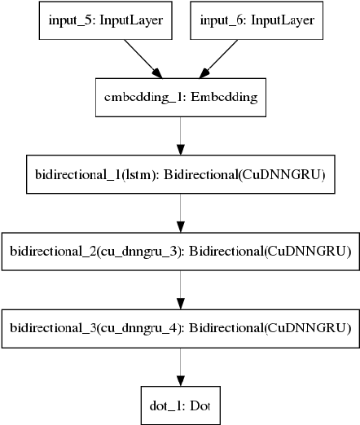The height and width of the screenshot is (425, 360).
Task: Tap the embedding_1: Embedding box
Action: click(x=179, y=97)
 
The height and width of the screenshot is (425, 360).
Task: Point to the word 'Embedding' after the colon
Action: click(x=226, y=97)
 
